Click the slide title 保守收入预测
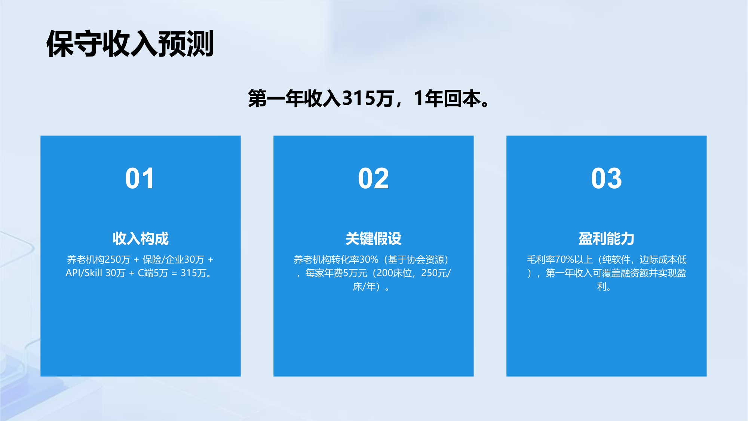[130, 44]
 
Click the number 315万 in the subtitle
[368, 99]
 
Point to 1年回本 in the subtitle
[447, 99]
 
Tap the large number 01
[140, 179]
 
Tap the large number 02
[373, 179]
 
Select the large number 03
[606, 179]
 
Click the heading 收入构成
[141, 238]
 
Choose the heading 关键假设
[373, 238]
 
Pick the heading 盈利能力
[606, 238]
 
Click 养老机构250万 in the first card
[98, 259]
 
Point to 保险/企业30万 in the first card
[173, 259]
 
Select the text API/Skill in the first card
[84, 273]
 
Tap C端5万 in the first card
[153, 273]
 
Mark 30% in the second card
[369, 259]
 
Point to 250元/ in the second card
[436, 273]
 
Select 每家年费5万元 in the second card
[336, 273]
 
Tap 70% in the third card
[564, 259]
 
